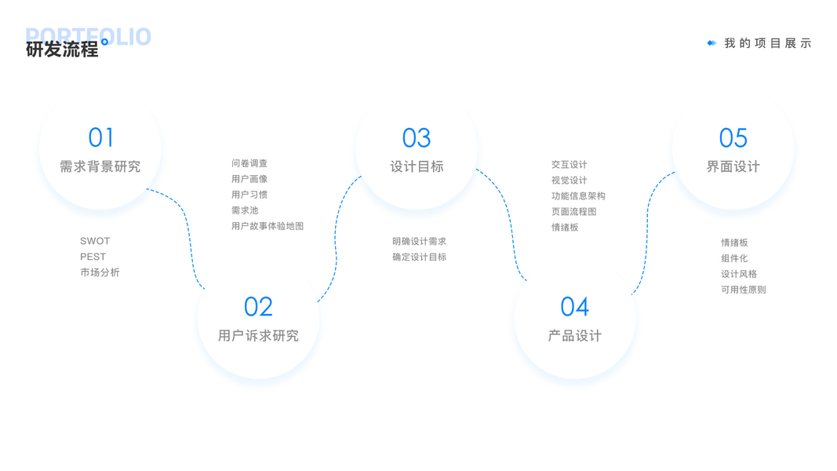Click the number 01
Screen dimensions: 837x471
101,138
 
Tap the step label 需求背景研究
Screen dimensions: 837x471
100,166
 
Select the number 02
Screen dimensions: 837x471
258,307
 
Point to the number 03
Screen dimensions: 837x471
417,138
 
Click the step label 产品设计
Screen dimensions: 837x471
575,336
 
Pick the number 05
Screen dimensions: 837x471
733,138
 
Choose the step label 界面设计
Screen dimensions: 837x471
733,166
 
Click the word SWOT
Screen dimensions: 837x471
95,241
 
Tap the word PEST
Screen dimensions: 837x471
93,257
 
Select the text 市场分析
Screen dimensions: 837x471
100,272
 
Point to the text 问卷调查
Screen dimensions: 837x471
249,163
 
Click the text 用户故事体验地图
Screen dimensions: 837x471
267,226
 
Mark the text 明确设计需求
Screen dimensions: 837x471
420,241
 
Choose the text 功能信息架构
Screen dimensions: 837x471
578,196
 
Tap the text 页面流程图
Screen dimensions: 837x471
573,212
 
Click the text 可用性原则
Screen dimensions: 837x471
744,290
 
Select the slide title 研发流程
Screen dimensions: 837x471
62,49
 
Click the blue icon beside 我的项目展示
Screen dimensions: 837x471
711,43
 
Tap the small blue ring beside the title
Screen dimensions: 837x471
105,42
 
